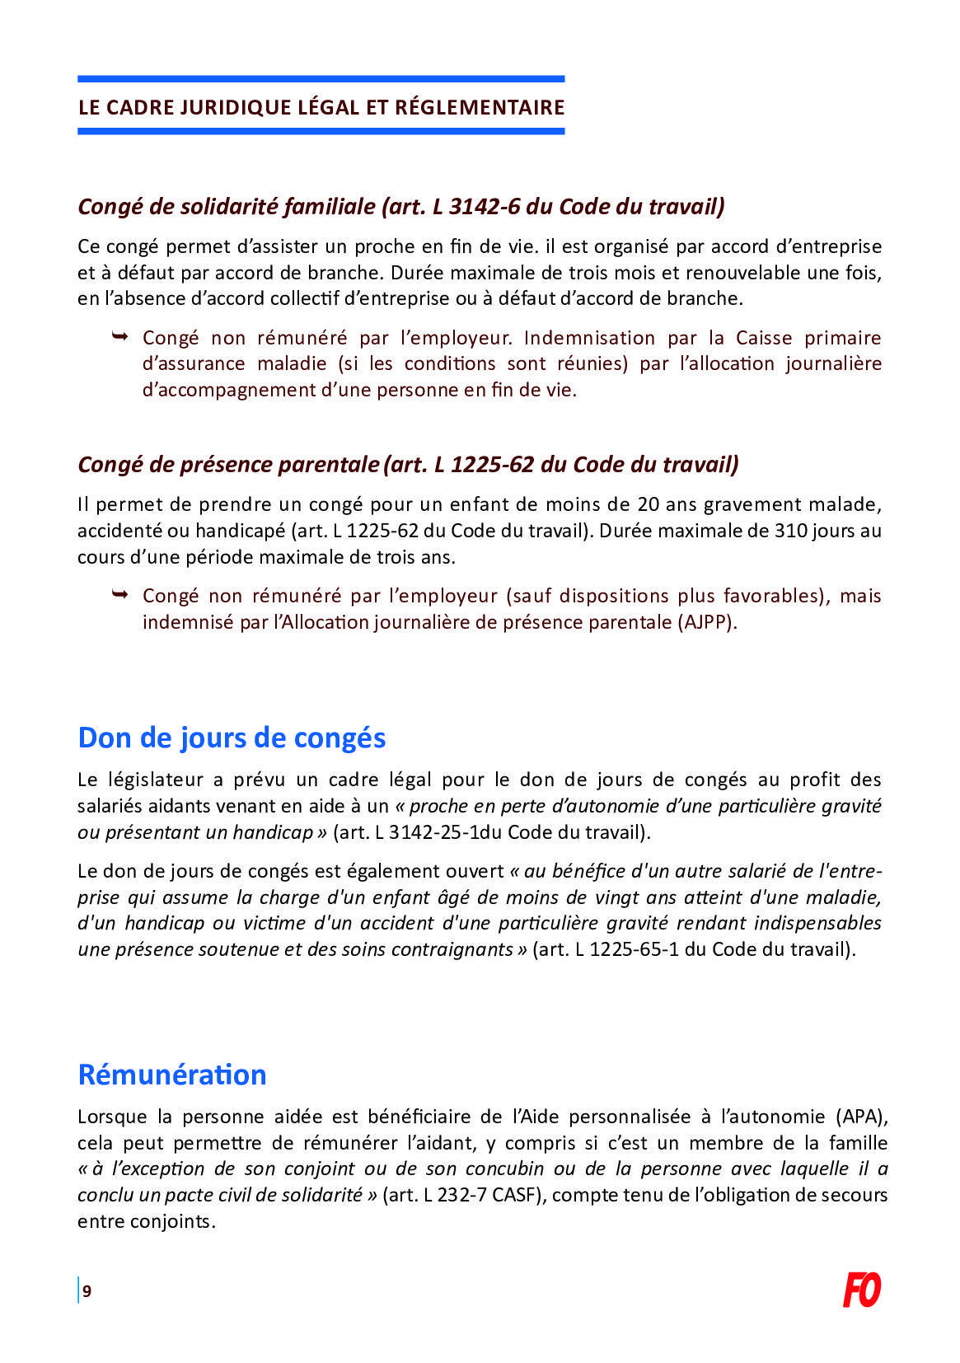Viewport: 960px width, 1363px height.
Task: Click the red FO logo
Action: pos(861,1290)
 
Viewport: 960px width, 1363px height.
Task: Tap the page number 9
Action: pos(87,1291)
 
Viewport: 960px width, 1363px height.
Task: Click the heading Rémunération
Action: pos(172,1075)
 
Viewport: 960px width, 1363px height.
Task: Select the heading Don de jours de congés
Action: pos(232,737)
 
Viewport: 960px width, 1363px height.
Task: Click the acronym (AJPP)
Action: pos(708,622)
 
